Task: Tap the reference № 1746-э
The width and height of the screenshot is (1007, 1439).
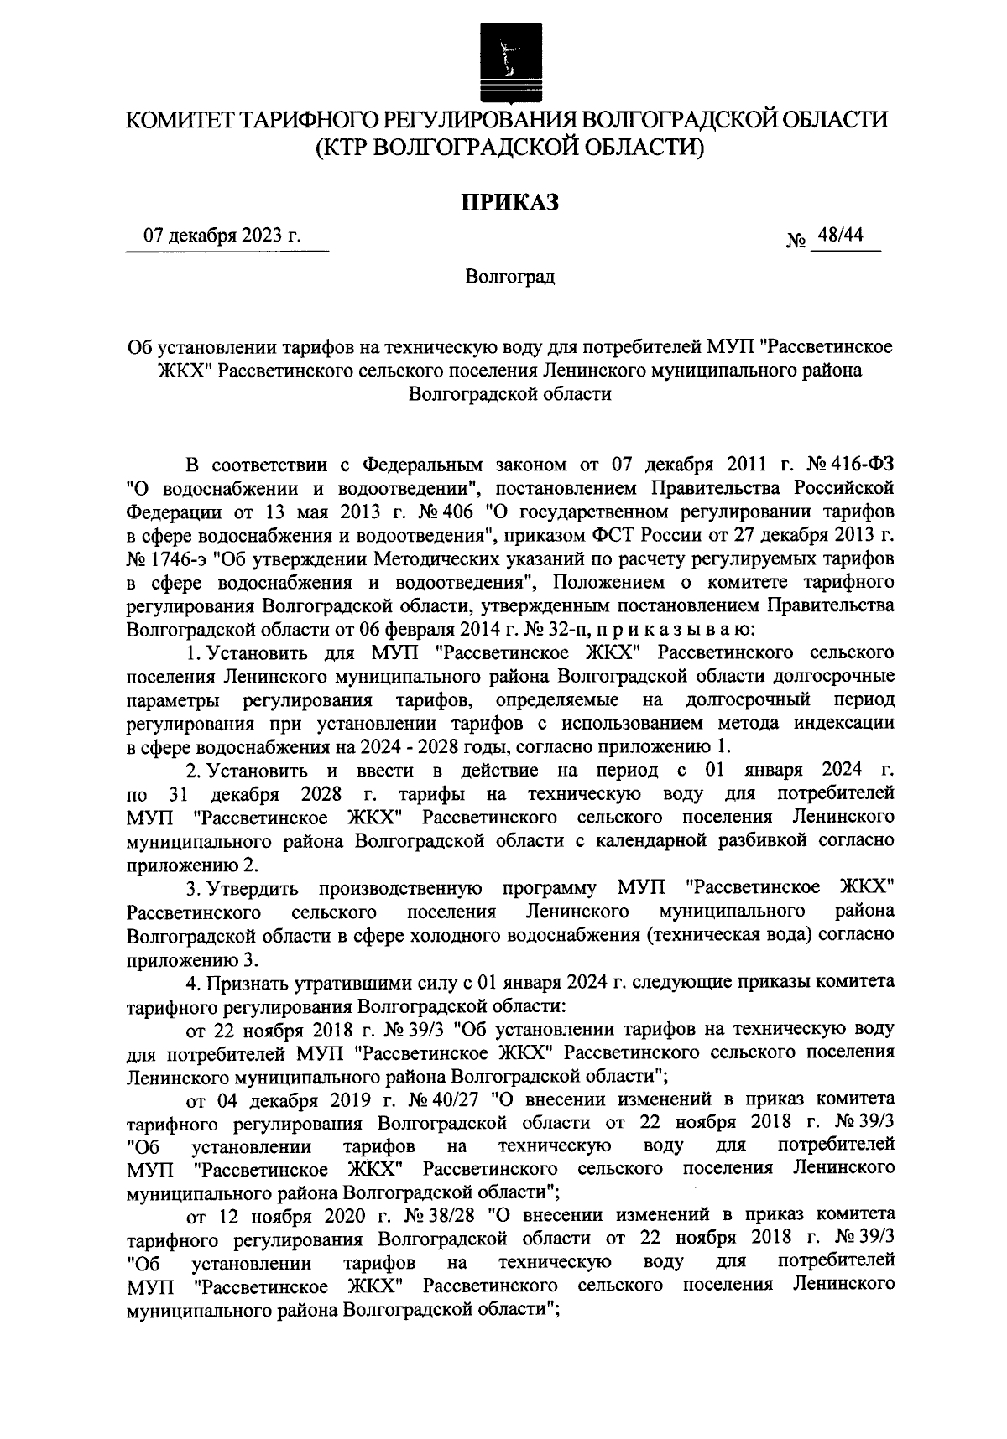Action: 162,558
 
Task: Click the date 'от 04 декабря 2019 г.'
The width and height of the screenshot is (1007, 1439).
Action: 278,1098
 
